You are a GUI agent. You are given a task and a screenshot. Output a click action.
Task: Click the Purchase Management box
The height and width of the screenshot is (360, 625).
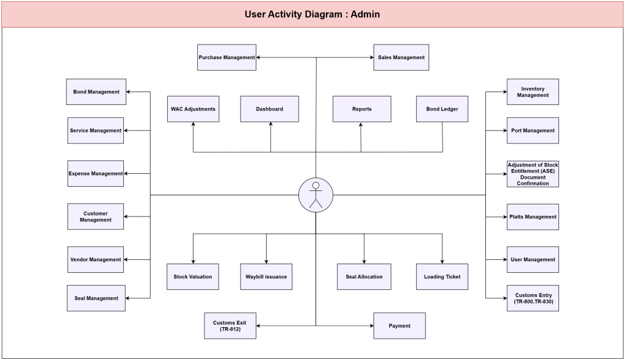pyautogui.click(x=226, y=57)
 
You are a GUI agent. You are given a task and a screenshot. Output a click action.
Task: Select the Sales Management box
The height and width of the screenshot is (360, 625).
pyautogui.click(x=401, y=57)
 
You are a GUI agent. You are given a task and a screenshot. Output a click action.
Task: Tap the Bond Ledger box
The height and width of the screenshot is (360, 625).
pyautogui.click(x=442, y=109)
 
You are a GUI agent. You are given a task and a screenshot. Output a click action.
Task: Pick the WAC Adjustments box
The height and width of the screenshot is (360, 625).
pyautogui.click(x=193, y=109)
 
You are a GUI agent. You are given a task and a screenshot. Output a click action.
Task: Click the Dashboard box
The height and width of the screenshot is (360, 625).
pyautogui.click(x=269, y=109)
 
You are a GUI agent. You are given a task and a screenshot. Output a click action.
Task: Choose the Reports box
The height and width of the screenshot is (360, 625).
pyautogui.click(x=361, y=109)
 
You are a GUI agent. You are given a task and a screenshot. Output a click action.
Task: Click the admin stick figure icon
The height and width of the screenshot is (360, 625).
pyautogui.click(x=316, y=195)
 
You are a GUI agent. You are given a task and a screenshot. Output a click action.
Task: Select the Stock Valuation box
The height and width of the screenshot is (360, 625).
pyautogui.click(x=192, y=276)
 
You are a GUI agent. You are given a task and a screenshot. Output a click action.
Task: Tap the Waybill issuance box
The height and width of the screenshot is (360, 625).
pyautogui.click(x=266, y=276)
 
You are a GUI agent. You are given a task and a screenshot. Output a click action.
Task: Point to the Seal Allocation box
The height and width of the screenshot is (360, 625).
pyautogui.click(x=364, y=276)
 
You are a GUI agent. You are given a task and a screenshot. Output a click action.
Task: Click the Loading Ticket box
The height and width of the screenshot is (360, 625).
pyautogui.click(x=442, y=276)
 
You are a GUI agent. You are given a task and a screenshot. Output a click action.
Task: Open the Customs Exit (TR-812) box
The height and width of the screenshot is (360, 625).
pyautogui.click(x=230, y=326)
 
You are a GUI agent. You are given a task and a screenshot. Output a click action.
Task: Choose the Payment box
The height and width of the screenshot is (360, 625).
pyautogui.click(x=399, y=326)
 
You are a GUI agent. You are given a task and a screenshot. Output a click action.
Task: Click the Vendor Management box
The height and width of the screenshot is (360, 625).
pyautogui.click(x=95, y=259)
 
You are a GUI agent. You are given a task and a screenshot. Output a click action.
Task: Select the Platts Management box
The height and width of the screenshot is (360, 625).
pyautogui.click(x=532, y=217)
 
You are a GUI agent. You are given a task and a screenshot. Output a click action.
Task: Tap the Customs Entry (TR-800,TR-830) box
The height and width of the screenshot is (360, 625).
pyautogui.click(x=532, y=298)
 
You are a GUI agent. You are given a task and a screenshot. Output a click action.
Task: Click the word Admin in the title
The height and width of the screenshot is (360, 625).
pyautogui.click(x=365, y=15)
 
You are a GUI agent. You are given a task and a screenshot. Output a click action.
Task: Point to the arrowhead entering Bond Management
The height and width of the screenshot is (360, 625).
pyautogui.click(x=128, y=92)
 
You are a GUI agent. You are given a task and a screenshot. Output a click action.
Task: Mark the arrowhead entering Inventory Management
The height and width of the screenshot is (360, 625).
pyautogui.click(x=505, y=92)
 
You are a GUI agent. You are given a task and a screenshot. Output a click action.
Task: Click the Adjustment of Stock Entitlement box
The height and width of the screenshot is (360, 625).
pyautogui.click(x=532, y=174)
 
